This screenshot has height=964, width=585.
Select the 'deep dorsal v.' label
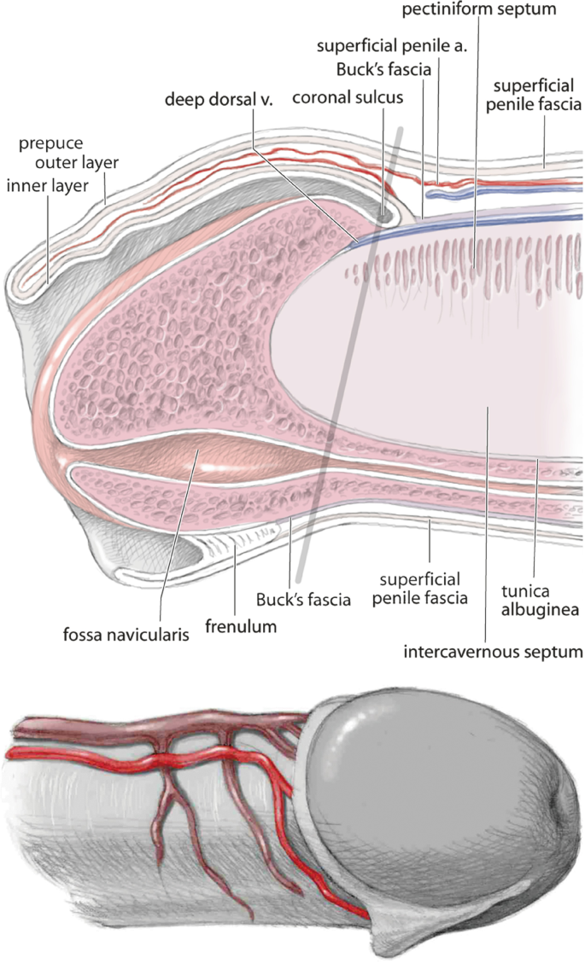coord(218,100)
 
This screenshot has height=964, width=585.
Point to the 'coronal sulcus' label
coord(348,98)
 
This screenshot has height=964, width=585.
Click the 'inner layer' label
coord(47,185)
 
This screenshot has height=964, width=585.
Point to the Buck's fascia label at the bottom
coord(304,600)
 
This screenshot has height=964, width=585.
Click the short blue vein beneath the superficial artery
coord(453,193)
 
